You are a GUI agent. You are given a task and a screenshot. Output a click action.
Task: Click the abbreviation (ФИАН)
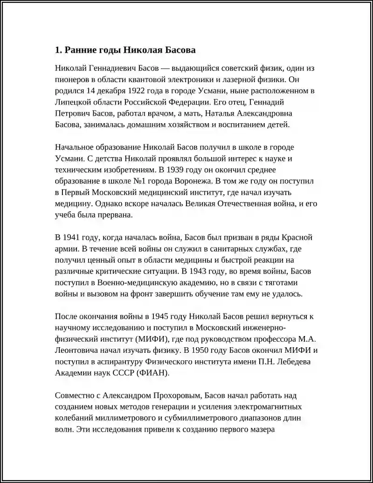[154, 373]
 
